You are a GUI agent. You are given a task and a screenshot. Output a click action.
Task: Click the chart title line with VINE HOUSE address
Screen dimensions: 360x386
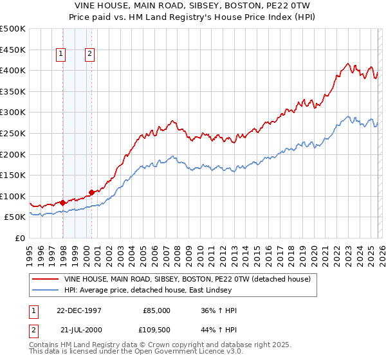click(x=193, y=4)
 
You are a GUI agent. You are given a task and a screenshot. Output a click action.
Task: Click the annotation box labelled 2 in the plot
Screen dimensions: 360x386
click(x=90, y=55)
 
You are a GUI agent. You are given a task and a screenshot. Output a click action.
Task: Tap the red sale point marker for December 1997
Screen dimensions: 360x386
click(x=63, y=203)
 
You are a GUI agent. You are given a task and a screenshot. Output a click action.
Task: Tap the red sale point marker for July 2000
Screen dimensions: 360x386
click(x=92, y=192)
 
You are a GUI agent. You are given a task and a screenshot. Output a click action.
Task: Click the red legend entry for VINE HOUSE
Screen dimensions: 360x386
click(x=187, y=279)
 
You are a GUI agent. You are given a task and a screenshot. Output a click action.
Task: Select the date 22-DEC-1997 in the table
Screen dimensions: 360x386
click(x=80, y=310)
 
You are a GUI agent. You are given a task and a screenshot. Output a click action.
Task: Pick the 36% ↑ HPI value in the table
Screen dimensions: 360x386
click(x=219, y=310)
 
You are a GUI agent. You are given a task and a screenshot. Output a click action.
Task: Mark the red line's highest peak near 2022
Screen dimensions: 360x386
click(x=347, y=64)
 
